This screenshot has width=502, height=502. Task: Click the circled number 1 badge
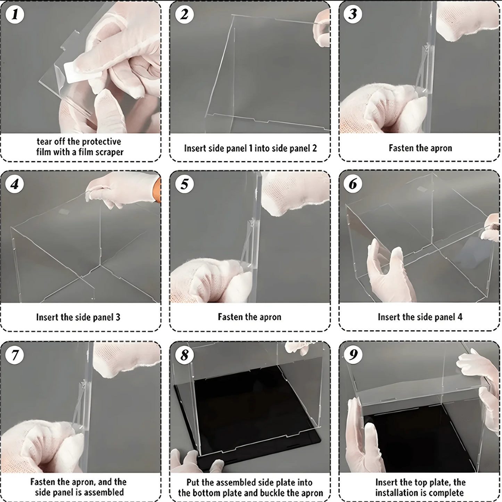pyautogui.click(x=15, y=15)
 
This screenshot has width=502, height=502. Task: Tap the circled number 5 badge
pyautogui.click(x=184, y=184)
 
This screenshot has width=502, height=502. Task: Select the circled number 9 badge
pyautogui.click(x=353, y=354)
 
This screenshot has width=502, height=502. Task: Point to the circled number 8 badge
pyautogui.click(x=184, y=355)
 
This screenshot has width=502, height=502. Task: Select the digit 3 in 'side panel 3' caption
pyautogui.click(x=118, y=317)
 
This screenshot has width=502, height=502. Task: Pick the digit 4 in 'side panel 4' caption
pyautogui.click(x=460, y=317)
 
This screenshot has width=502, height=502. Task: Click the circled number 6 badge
pyautogui.click(x=353, y=184)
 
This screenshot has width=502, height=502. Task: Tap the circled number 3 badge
pyautogui.click(x=353, y=15)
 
